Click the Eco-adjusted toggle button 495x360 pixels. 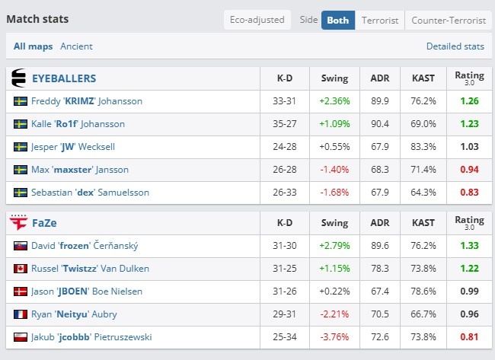coord(257,20)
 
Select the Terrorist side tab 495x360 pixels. coord(380,21)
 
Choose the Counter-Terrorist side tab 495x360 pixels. coord(449,21)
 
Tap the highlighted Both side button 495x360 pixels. coord(338,21)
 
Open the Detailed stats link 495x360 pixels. coord(455,46)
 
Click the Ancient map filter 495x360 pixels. coord(76,46)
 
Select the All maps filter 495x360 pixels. coord(34,46)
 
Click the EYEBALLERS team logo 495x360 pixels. coord(18,78)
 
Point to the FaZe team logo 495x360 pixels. coord(18,222)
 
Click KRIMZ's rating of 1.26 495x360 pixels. coord(469,101)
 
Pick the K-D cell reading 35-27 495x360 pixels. coord(285,124)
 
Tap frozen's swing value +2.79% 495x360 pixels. coord(334,246)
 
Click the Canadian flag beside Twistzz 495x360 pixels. coord(21,269)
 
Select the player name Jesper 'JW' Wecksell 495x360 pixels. coord(73,147)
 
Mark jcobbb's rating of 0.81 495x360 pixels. coord(469,337)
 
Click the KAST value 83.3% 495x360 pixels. coord(423,147)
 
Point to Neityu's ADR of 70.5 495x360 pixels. coord(380,314)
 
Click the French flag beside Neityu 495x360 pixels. coord(21,314)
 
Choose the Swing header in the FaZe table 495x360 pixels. coord(334,223)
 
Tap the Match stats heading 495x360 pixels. coord(37,19)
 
